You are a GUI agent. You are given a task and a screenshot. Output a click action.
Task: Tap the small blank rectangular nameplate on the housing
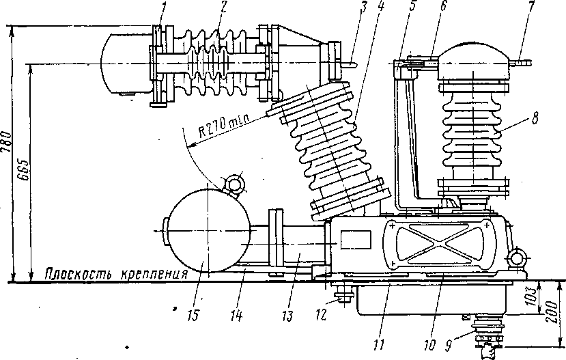click(x=355, y=238)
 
